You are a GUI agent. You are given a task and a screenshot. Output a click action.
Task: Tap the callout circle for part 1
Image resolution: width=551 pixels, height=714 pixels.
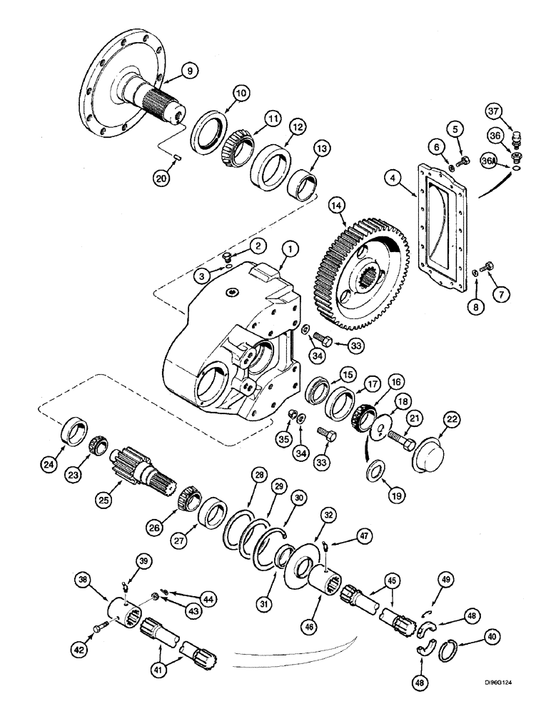click(x=289, y=250)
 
